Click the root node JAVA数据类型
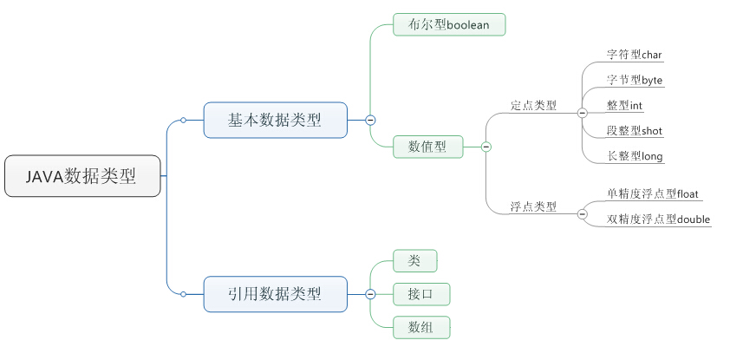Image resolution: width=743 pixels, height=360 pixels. (82, 176)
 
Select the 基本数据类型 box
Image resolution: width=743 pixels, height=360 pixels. (275, 121)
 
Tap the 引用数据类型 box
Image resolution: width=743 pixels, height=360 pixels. (275, 294)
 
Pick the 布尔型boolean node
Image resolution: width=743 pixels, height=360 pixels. (448, 25)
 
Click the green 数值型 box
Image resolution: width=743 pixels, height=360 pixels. (427, 147)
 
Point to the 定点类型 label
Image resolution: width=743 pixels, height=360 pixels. (533, 106)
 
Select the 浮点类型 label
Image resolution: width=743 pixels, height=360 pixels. (533, 207)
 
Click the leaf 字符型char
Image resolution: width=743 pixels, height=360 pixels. (634, 55)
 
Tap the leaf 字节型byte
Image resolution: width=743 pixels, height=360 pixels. (635, 80)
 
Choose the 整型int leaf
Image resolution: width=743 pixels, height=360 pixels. (624, 106)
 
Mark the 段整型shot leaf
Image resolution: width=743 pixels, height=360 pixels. (635, 131)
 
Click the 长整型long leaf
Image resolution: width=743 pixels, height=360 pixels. (635, 156)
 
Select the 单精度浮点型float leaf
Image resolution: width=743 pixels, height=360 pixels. (654, 193)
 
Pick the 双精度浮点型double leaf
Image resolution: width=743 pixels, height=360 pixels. (658, 219)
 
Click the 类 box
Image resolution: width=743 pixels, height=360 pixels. (414, 260)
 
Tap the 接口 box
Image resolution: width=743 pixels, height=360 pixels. (421, 294)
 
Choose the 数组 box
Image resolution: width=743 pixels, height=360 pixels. (421, 327)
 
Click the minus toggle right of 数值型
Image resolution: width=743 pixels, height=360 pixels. (486, 147)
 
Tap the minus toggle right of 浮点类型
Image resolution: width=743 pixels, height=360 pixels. (582, 213)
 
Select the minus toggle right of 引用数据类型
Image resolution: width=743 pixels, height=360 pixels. (370, 294)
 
